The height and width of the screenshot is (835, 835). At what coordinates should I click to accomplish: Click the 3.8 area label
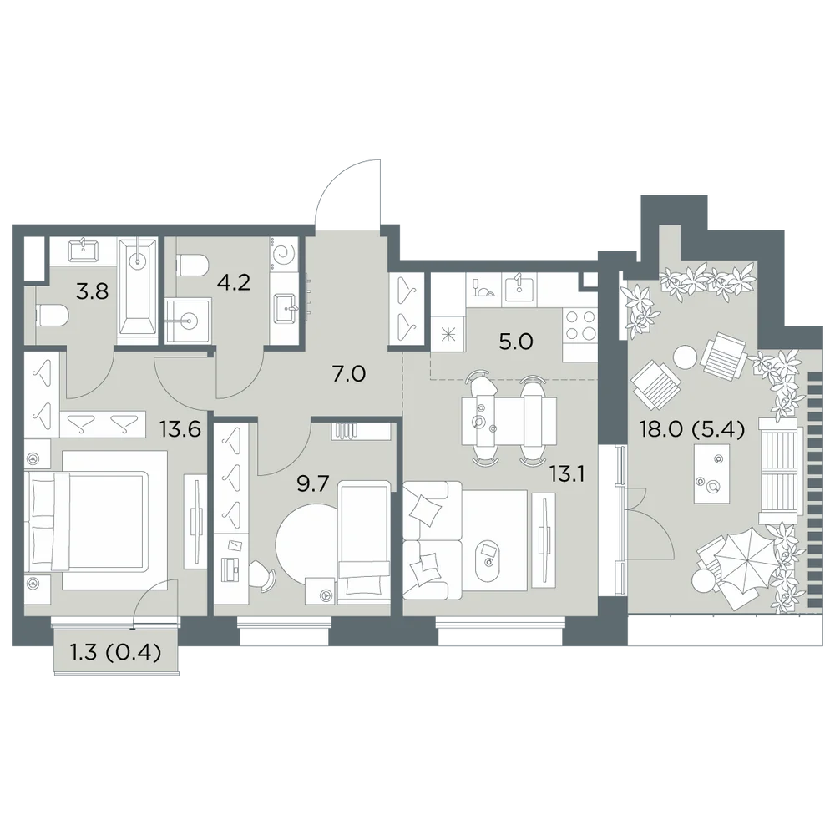(93, 291)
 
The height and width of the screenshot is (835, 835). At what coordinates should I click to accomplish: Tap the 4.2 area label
(234, 282)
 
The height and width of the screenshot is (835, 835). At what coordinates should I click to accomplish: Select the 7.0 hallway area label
(349, 374)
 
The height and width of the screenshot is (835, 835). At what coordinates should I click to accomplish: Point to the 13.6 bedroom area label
(180, 428)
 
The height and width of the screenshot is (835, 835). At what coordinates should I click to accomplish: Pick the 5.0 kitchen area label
(516, 342)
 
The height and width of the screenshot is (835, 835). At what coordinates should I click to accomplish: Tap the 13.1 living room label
(568, 474)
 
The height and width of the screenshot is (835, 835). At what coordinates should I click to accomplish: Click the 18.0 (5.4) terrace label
(691, 428)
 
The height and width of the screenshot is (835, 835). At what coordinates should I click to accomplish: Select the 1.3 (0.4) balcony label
(116, 652)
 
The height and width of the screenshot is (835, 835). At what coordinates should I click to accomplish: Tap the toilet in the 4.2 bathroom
(191, 265)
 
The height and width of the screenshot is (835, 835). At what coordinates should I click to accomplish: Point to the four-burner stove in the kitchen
(580, 326)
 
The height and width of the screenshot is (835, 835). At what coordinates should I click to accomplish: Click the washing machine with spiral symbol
(285, 255)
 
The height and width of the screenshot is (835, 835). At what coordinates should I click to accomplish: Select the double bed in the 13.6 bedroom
(96, 520)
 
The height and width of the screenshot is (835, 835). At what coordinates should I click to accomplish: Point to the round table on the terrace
(684, 357)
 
